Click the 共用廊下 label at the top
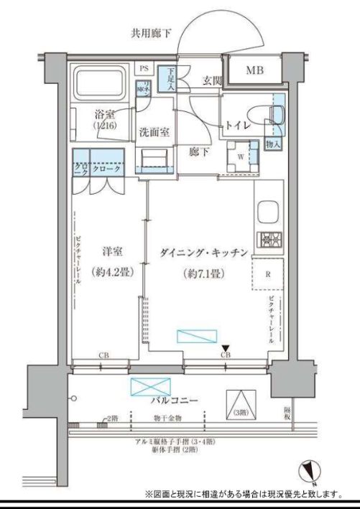click(150, 32)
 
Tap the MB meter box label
click(254, 70)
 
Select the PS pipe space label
click(144, 69)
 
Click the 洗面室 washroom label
click(154, 132)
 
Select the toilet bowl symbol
click(257, 114)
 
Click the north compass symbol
click(314, 470)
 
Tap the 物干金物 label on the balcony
click(167, 418)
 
